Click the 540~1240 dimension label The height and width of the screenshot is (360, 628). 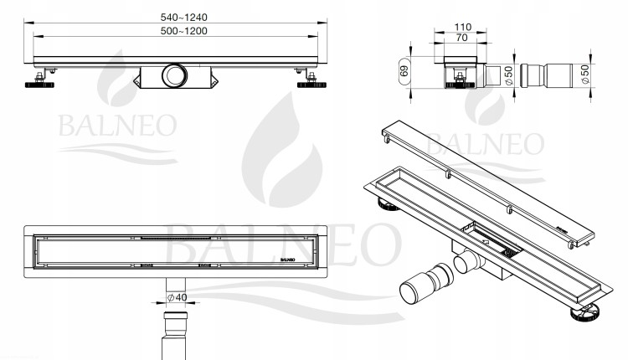click(x=184, y=18)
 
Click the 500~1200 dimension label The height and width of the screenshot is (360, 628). click(x=184, y=31)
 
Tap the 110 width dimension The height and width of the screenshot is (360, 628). click(x=462, y=27)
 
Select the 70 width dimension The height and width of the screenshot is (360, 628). click(x=461, y=37)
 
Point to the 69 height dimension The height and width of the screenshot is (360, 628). click(x=404, y=71)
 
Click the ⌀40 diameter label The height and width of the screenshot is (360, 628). click(x=177, y=297)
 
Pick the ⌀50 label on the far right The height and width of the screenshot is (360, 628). click(x=585, y=74)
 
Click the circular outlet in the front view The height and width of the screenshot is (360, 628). click(x=174, y=75)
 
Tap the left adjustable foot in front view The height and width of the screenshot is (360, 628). click(x=39, y=80)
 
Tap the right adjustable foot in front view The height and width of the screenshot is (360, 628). click(x=311, y=80)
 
